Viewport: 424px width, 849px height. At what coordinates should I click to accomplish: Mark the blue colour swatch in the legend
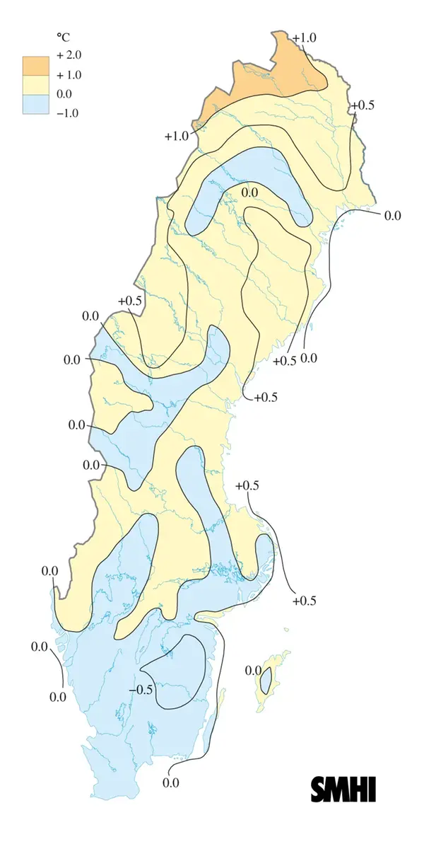tap(35, 104)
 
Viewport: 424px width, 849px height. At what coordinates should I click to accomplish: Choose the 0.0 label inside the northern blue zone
tap(249, 192)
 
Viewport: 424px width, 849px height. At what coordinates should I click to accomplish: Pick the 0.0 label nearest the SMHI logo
tap(170, 782)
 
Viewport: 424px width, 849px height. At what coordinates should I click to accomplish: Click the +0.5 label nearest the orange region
tap(363, 105)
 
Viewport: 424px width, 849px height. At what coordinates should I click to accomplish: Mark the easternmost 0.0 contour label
tap(392, 214)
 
